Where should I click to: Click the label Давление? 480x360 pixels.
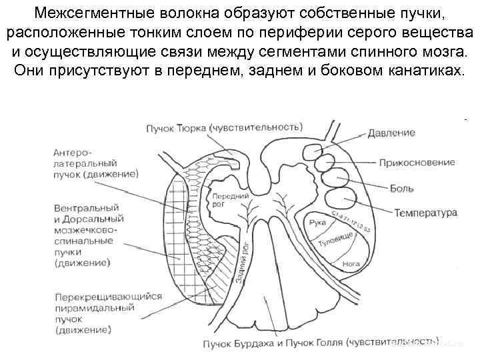[x=391, y=133]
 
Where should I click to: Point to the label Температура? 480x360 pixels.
[x=425, y=213]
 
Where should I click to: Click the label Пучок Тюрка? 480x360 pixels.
[x=175, y=126]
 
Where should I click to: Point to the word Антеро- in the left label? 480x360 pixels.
[x=71, y=151]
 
